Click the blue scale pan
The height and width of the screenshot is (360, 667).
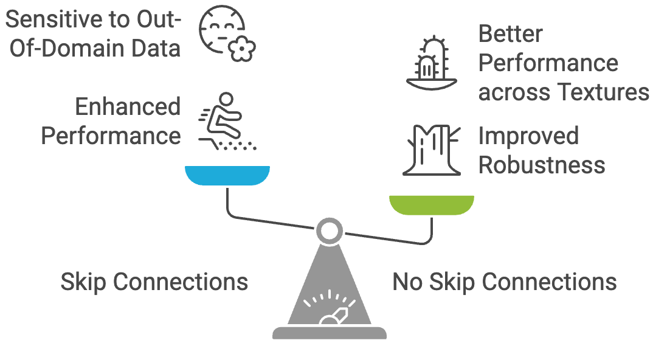(x=227, y=176)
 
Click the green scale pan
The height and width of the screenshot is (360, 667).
(x=431, y=206)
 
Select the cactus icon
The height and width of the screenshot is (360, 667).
(x=431, y=64)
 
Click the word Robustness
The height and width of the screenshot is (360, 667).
(x=542, y=165)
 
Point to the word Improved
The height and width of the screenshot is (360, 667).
(x=528, y=136)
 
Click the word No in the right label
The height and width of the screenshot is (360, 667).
(x=408, y=282)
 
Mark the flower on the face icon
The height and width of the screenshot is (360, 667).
(x=243, y=49)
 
